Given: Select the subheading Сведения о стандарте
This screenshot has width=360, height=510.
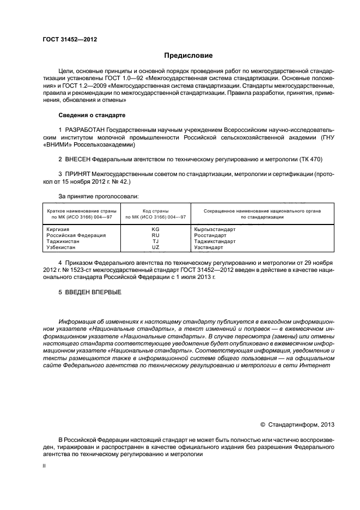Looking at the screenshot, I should coord(92,116).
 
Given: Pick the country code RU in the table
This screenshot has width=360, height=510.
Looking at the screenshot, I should coord(155,235).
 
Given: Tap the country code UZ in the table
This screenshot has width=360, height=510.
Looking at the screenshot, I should coord(155,247).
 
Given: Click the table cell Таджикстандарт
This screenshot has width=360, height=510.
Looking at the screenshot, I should coord(215,241).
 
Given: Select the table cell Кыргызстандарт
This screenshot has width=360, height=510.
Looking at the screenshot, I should coord(215,229).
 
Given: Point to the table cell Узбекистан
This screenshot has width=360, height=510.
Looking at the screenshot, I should coord(61,247).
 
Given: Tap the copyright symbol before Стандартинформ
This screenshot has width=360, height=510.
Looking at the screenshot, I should coord(263,424).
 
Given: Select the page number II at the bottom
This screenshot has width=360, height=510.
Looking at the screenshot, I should coord(45,467).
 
